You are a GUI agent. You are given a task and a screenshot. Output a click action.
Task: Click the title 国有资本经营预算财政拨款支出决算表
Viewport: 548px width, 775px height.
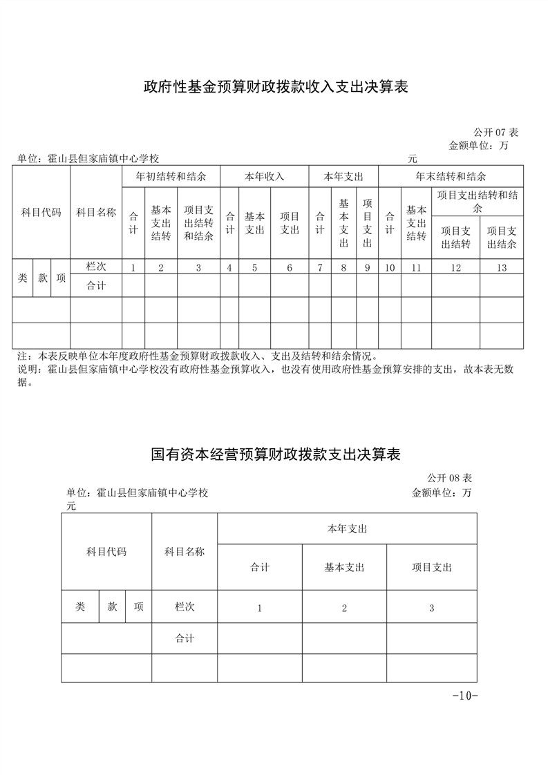pyautogui.click(x=276, y=455)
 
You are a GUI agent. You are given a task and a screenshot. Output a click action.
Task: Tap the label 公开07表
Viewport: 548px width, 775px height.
pyautogui.click(x=495, y=132)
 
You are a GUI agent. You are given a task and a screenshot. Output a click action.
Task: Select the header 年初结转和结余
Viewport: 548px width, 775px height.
pyautogui.click(x=171, y=176)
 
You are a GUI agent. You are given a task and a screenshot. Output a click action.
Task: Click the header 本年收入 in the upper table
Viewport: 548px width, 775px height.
pyautogui.click(x=264, y=176)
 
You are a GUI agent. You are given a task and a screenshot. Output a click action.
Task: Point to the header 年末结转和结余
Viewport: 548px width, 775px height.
pyautogui.click(x=451, y=176)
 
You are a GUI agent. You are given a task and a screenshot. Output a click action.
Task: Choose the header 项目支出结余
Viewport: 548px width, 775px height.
pyautogui.click(x=502, y=237)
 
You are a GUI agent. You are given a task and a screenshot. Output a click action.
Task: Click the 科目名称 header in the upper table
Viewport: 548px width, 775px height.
pyautogui.click(x=96, y=212)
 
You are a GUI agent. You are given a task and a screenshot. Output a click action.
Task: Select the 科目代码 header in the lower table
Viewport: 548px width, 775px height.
pyautogui.click(x=106, y=551)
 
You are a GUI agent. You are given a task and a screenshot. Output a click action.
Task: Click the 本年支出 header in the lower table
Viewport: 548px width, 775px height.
pyautogui.click(x=347, y=528)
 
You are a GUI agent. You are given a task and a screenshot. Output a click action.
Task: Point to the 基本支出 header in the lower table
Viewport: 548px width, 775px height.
pyautogui.click(x=344, y=567)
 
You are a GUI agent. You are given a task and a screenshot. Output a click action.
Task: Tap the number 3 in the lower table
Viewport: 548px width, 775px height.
pyautogui.click(x=431, y=608)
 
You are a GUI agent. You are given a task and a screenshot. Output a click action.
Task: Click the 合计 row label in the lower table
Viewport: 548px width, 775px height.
pyautogui.click(x=185, y=638)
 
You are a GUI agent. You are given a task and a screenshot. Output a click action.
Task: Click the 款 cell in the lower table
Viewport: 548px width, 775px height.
pyautogui.click(x=113, y=606)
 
